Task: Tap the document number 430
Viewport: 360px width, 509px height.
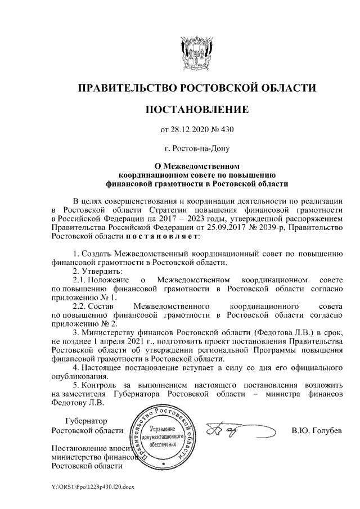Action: pos(226,130)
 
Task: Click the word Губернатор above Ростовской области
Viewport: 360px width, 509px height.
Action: pos(85,421)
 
